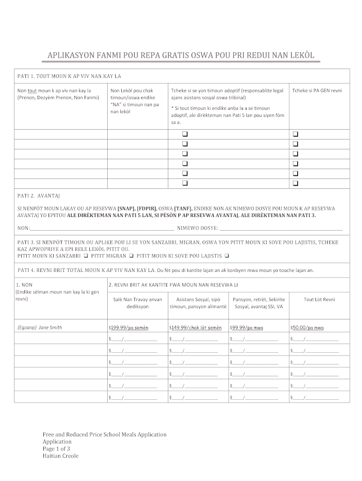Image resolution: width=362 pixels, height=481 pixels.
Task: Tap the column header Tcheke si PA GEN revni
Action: coord(317,90)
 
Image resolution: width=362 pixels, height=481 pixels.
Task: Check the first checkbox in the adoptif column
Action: coord(185,134)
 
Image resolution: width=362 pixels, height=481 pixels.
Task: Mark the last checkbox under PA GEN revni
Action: coord(296,183)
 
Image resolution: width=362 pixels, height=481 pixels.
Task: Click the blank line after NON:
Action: coord(102,228)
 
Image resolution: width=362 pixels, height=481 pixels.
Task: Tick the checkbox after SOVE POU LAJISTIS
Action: coord(227,256)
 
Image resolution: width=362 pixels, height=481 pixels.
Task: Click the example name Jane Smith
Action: coord(50,327)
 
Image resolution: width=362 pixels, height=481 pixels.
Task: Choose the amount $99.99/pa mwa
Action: coord(246,327)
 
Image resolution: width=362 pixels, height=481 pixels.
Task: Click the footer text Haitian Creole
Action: coord(61,456)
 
